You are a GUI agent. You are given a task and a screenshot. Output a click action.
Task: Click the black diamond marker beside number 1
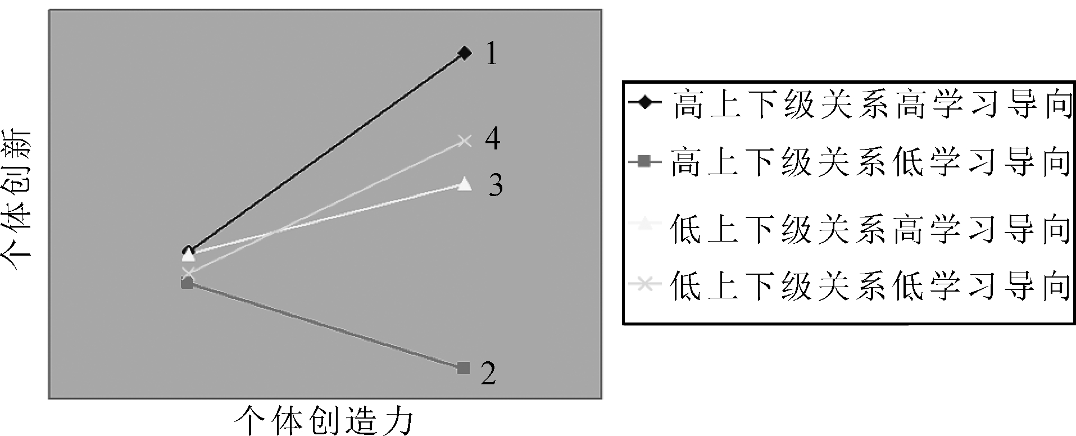pyautogui.click(x=464, y=53)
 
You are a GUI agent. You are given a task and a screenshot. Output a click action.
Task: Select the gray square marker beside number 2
pyautogui.click(x=464, y=368)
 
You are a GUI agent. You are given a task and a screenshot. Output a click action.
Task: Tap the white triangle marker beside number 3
pyautogui.click(x=464, y=184)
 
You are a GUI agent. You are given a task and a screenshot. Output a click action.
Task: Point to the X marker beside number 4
pyautogui.click(x=464, y=140)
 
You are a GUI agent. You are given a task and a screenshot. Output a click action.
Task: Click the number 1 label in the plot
pyautogui.click(x=492, y=54)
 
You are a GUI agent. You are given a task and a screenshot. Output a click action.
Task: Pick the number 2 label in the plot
pyautogui.click(x=488, y=373)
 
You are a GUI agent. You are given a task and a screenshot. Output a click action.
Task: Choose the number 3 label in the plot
pyautogui.click(x=495, y=185)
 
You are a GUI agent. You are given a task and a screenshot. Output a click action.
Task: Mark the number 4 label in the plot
pyautogui.click(x=492, y=139)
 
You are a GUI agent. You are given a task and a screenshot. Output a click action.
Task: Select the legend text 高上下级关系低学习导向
pyautogui.click(x=870, y=162)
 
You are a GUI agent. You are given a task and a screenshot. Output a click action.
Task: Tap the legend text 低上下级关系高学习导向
pyautogui.click(x=870, y=229)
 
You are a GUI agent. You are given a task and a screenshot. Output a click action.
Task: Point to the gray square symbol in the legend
pyautogui.click(x=644, y=162)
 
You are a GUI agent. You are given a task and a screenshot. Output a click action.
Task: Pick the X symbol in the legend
pyautogui.click(x=644, y=284)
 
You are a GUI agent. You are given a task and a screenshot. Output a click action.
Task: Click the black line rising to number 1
pyautogui.click(x=326, y=152)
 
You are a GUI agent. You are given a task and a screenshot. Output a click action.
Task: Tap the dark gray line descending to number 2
pyautogui.click(x=326, y=325)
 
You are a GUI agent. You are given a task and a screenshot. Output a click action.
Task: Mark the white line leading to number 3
pyautogui.click(x=326, y=220)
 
